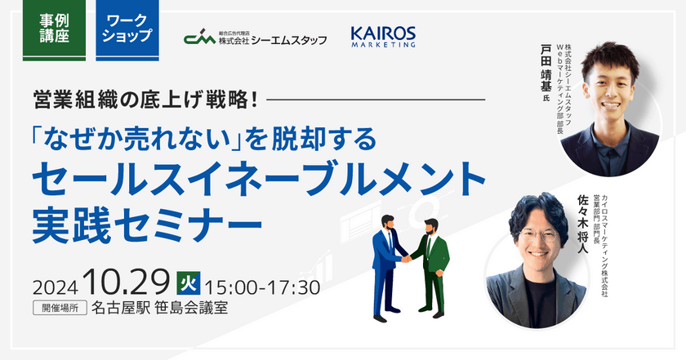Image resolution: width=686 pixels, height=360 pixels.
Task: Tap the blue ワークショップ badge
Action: click(x=127, y=29)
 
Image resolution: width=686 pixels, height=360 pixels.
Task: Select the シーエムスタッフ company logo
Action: click(x=255, y=37)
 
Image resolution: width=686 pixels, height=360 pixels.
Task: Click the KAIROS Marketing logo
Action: click(x=383, y=37)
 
